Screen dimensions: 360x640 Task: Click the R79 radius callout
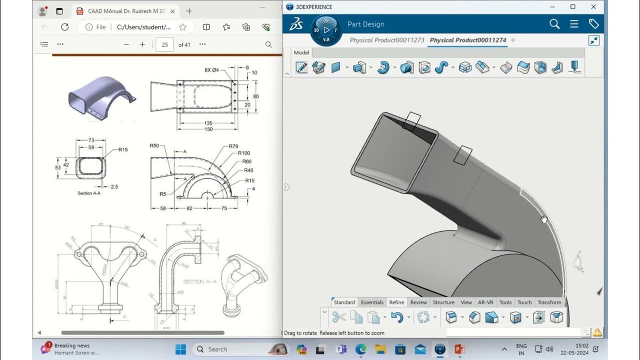[x=233, y=146]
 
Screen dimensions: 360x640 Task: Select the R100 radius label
[x=244, y=153]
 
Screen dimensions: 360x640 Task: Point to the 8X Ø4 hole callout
[x=211, y=70]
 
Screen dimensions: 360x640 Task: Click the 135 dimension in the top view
[x=208, y=123]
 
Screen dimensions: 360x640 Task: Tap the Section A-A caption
[x=89, y=193]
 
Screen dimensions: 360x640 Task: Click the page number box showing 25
[x=164, y=44]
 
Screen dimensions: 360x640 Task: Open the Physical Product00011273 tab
[x=386, y=40]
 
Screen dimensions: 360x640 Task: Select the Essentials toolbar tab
[x=372, y=302]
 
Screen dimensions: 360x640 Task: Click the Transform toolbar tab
[x=549, y=302]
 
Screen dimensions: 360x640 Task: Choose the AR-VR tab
[x=485, y=302]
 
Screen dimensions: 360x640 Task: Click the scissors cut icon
[x=338, y=317]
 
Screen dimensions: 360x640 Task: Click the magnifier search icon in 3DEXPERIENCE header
[x=554, y=24]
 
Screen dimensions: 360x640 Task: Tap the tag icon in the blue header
[x=593, y=24]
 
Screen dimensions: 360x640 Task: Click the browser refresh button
[x=64, y=27]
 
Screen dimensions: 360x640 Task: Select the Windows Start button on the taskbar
[x=180, y=349]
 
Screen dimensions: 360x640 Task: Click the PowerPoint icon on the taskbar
[x=459, y=349]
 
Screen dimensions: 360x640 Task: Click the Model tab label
[x=301, y=52]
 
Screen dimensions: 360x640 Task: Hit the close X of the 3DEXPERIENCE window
[x=593, y=7]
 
